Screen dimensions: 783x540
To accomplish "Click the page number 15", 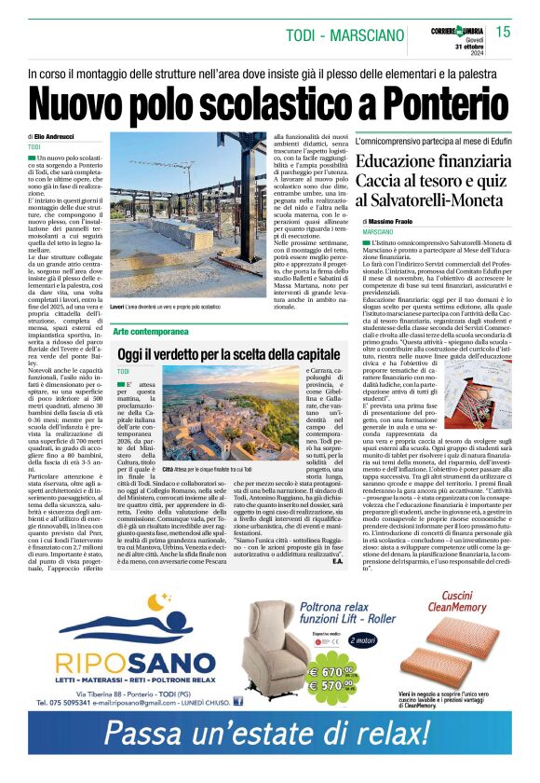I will [503, 32].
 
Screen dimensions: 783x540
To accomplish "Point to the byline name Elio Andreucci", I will [59, 137].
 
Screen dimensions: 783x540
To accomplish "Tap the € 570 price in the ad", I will [334, 684].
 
